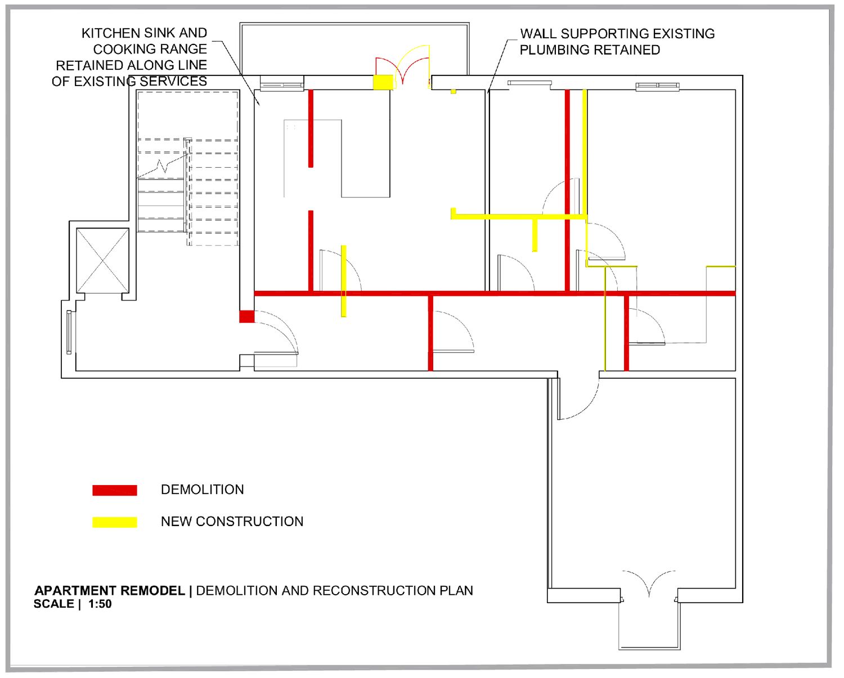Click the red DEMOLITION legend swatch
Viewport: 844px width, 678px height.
115,490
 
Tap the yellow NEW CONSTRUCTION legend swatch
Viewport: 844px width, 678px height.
115,522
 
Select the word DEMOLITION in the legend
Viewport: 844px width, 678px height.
202,490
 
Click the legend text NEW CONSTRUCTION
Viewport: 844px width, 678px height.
232,522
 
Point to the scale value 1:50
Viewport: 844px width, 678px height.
100,604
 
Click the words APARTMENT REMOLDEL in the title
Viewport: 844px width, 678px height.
110,591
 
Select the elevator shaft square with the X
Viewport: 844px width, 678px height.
102,261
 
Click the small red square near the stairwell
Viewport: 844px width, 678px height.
246,316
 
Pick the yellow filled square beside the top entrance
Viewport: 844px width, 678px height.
383,82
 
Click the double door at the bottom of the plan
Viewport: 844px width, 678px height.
649,582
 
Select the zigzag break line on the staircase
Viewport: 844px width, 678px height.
161,167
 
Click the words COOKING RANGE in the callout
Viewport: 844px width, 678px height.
150,49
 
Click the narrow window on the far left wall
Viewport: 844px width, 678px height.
69,332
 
